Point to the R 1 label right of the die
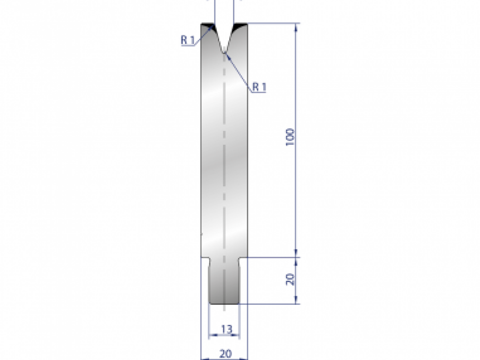point(259,87)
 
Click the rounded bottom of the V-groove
point(224,51)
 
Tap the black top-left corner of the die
point(206,26)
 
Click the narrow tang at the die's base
point(224,282)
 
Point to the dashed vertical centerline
point(224,160)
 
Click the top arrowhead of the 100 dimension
point(296,26)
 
